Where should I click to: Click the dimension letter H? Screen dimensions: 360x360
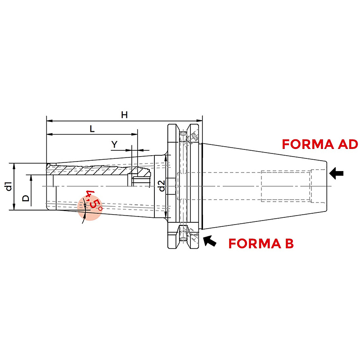(125, 115)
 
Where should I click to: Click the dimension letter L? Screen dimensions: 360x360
(92, 129)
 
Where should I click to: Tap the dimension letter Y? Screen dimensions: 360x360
(114, 144)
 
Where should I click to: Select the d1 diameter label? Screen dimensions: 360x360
(9, 186)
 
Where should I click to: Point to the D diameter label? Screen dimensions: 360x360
(26, 198)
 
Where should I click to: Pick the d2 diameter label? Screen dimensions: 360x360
(162, 186)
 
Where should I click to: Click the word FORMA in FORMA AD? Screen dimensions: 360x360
(308, 144)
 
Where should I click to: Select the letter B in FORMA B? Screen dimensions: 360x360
(289, 243)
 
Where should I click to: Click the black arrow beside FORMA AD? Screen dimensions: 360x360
(336, 173)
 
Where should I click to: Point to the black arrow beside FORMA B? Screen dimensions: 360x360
(210, 241)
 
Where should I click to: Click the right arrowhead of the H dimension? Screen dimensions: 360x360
(199, 121)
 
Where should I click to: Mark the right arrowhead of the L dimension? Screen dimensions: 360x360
(134, 134)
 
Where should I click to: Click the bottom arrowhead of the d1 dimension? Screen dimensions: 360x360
(14, 207)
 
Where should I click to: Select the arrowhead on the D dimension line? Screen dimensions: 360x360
(31, 178)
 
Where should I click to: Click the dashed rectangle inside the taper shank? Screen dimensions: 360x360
(286, 186)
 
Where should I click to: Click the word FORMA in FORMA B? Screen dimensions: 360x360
(254, 243)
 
